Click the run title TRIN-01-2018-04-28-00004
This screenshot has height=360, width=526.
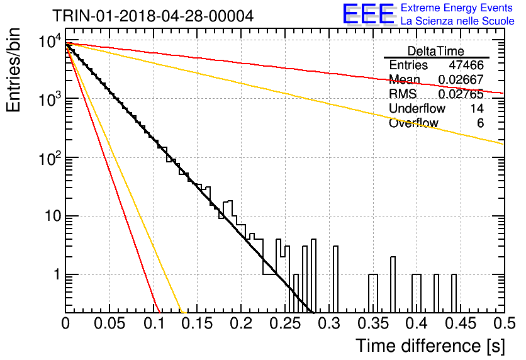pyautogui.click(x=153, y=16)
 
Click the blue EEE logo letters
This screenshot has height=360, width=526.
pyautogui.click(x=369, y=14)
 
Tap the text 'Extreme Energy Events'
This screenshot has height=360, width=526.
pyautogui.click(x=457, y=8)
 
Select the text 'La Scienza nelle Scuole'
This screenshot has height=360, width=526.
pyautogui.click(x=457, y=21)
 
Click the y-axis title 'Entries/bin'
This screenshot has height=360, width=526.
pyautogui.click(x=13, y=70)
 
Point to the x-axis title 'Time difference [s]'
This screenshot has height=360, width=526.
pyautogui.click(x=430, y=346)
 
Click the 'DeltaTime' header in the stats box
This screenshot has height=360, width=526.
pyautogui.click(x=436, y=51)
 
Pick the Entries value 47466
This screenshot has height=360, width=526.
pyautogui.click(x=467, y=65)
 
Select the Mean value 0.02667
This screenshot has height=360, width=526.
pyautogui.click(x=461, y=79)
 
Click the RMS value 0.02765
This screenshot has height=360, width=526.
pyautogui.click(x=461, y=94)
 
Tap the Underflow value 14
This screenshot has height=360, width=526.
pyautogui.click(x=477, y=108)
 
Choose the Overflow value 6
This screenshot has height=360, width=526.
pyautogui.click(x=480, y=123)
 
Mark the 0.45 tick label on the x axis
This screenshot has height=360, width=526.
pyautogui.click(x=461, y=323)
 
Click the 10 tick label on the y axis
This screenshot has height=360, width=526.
pyautogui.click(x=53, y=216)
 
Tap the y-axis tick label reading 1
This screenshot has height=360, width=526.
pyautogui.click(x=57, y=275)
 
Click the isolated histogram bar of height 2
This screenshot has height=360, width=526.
pyautogui.click(x=393, y=283)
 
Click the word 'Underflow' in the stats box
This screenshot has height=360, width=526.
pyautogui.click(x=417, y=108)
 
